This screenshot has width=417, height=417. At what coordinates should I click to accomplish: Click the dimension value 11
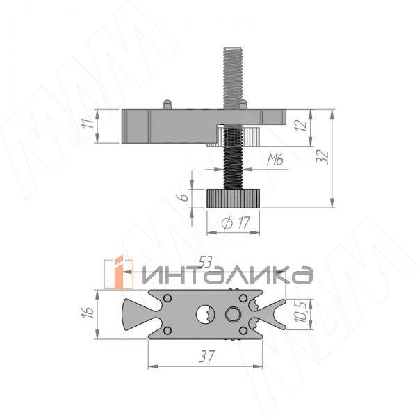click(88, 122)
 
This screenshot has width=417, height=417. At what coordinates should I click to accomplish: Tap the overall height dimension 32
click(322, 157)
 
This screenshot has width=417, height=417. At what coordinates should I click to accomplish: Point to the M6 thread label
click(275, 160)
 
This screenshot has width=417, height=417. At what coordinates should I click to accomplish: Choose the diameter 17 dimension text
click(236, 223)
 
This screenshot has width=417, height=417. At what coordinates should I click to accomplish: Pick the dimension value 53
click(206, 263)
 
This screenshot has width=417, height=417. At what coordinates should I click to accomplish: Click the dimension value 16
click(88, 312)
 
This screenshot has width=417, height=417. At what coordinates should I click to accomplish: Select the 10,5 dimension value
click(302, 311)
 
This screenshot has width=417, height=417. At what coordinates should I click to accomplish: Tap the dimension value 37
click(206, 357)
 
